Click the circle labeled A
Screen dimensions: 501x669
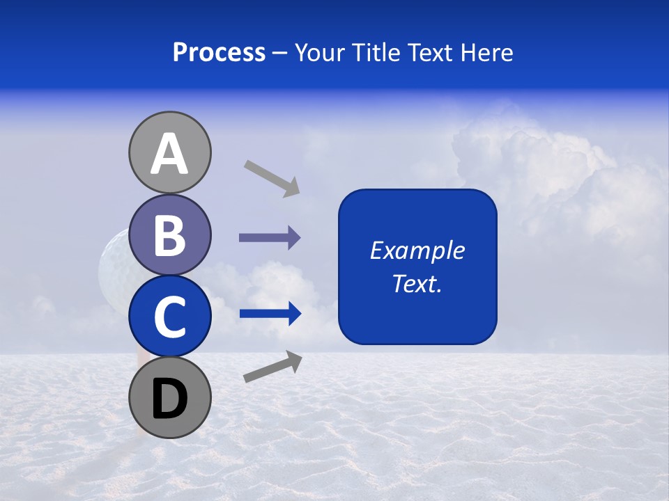pyautogui.click(x=169, y=152)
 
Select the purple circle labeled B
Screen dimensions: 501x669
pyautogui.click(x=169, y=234)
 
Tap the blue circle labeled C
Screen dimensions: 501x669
pyautogui.click(x=169, y=316)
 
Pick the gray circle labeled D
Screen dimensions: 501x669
pyautogui.click(x=169, y=397)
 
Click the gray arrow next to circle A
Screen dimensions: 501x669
pyautogui.click(x=272, y=177)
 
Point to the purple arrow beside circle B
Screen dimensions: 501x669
pyautogui.click(x=270, y=238)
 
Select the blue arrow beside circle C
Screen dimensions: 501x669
pyautogui.click(x=270, y=314)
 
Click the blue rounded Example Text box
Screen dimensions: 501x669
pyautogui.click(x=417, y=267)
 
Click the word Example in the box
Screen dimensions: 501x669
pyautogui.click(x=417, y=250)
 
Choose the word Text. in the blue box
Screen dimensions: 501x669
pyautogui.click(x=417, y=283)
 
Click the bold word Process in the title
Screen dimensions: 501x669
pyautogui.click(x=219, y=52)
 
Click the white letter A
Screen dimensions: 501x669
pyautogui.click(x=169, y=154)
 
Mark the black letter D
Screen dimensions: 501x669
pyautogui.click(x=169, y=399)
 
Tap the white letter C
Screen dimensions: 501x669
pyautogui.click(x=169, y=317)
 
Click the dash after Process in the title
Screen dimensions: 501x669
pyautogui.click(x=280, y=54)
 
